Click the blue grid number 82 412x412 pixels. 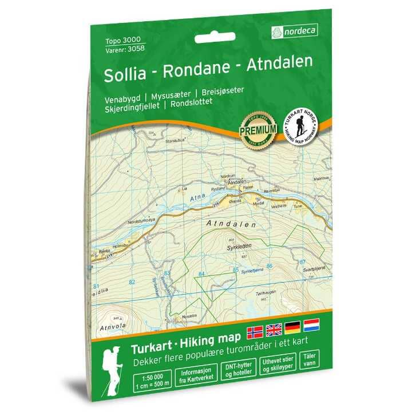tap(133, 282)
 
